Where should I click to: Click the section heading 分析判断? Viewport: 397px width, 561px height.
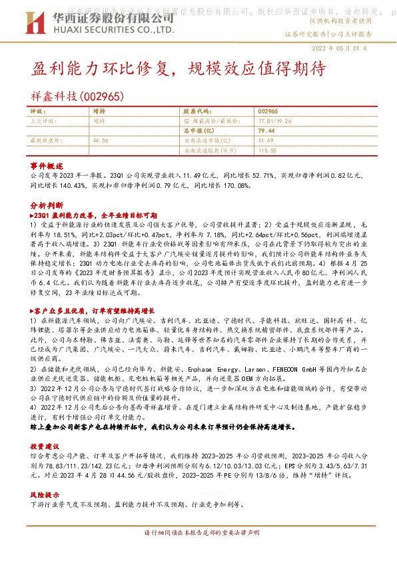pos(46,207)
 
